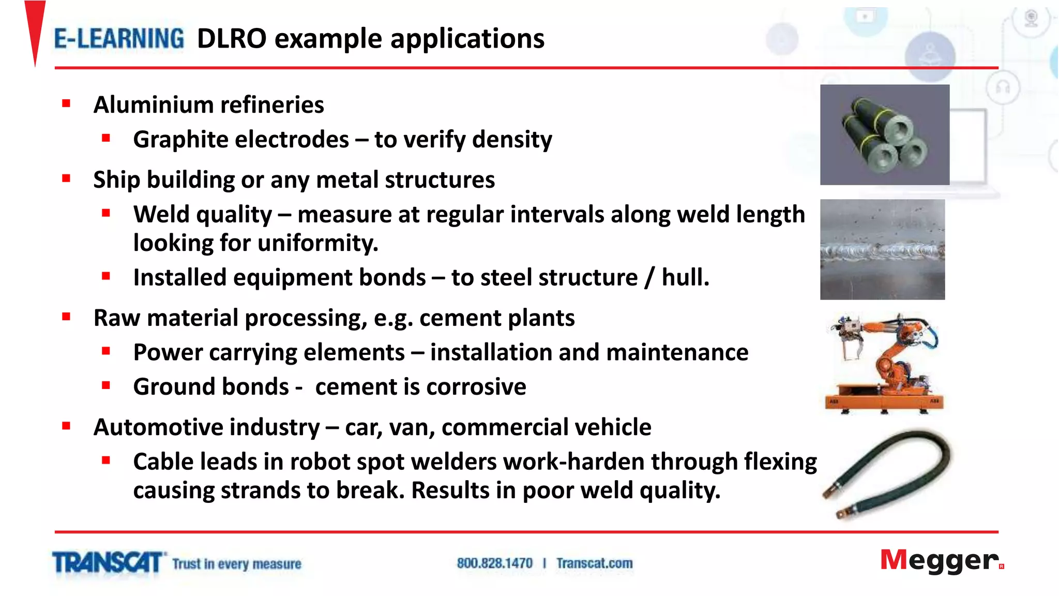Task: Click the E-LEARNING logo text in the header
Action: click(119, 39)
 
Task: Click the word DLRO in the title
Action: click(231, 39)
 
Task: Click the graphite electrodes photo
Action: click(884, 135)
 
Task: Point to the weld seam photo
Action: click(882, 249)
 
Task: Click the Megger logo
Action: click(941, 561)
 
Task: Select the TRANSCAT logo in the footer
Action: click(108, 563)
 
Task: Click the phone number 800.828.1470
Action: click(494, 563)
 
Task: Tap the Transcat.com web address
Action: click(594, 563)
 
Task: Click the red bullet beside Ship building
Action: click(66, 179)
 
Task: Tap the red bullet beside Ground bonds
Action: click(106, 385)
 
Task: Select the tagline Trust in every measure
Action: click(236, 564)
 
